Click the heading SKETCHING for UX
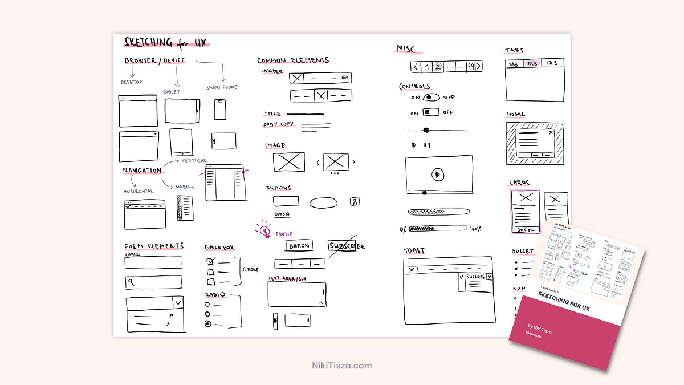click(x=165, y=42)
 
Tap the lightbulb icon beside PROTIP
click(x=264, y=230)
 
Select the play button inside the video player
click(x=438, y=174)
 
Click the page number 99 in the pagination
click(x=470, y=67)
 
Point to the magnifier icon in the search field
click(x=132, y=282)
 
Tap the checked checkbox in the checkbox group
click(x=210, y=261)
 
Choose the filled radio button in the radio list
click(x=209, y=324)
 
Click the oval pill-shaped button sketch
click(x=324, y=202)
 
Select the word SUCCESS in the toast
click(x=475, y=277)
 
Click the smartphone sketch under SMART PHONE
click(x=221, y=109)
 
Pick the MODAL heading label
click(x=516, y=115)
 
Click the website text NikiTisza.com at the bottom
click(x=342, y=366)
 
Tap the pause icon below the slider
click(x=427, y=145)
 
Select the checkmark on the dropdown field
click(x=178, y=302)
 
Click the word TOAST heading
click(x=414, y=251)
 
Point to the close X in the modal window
click(x=551, y=132)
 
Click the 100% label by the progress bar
click(x=475, y=229)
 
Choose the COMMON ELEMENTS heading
click(x=293, y=60)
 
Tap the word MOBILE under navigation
click(x=185, y=187)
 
